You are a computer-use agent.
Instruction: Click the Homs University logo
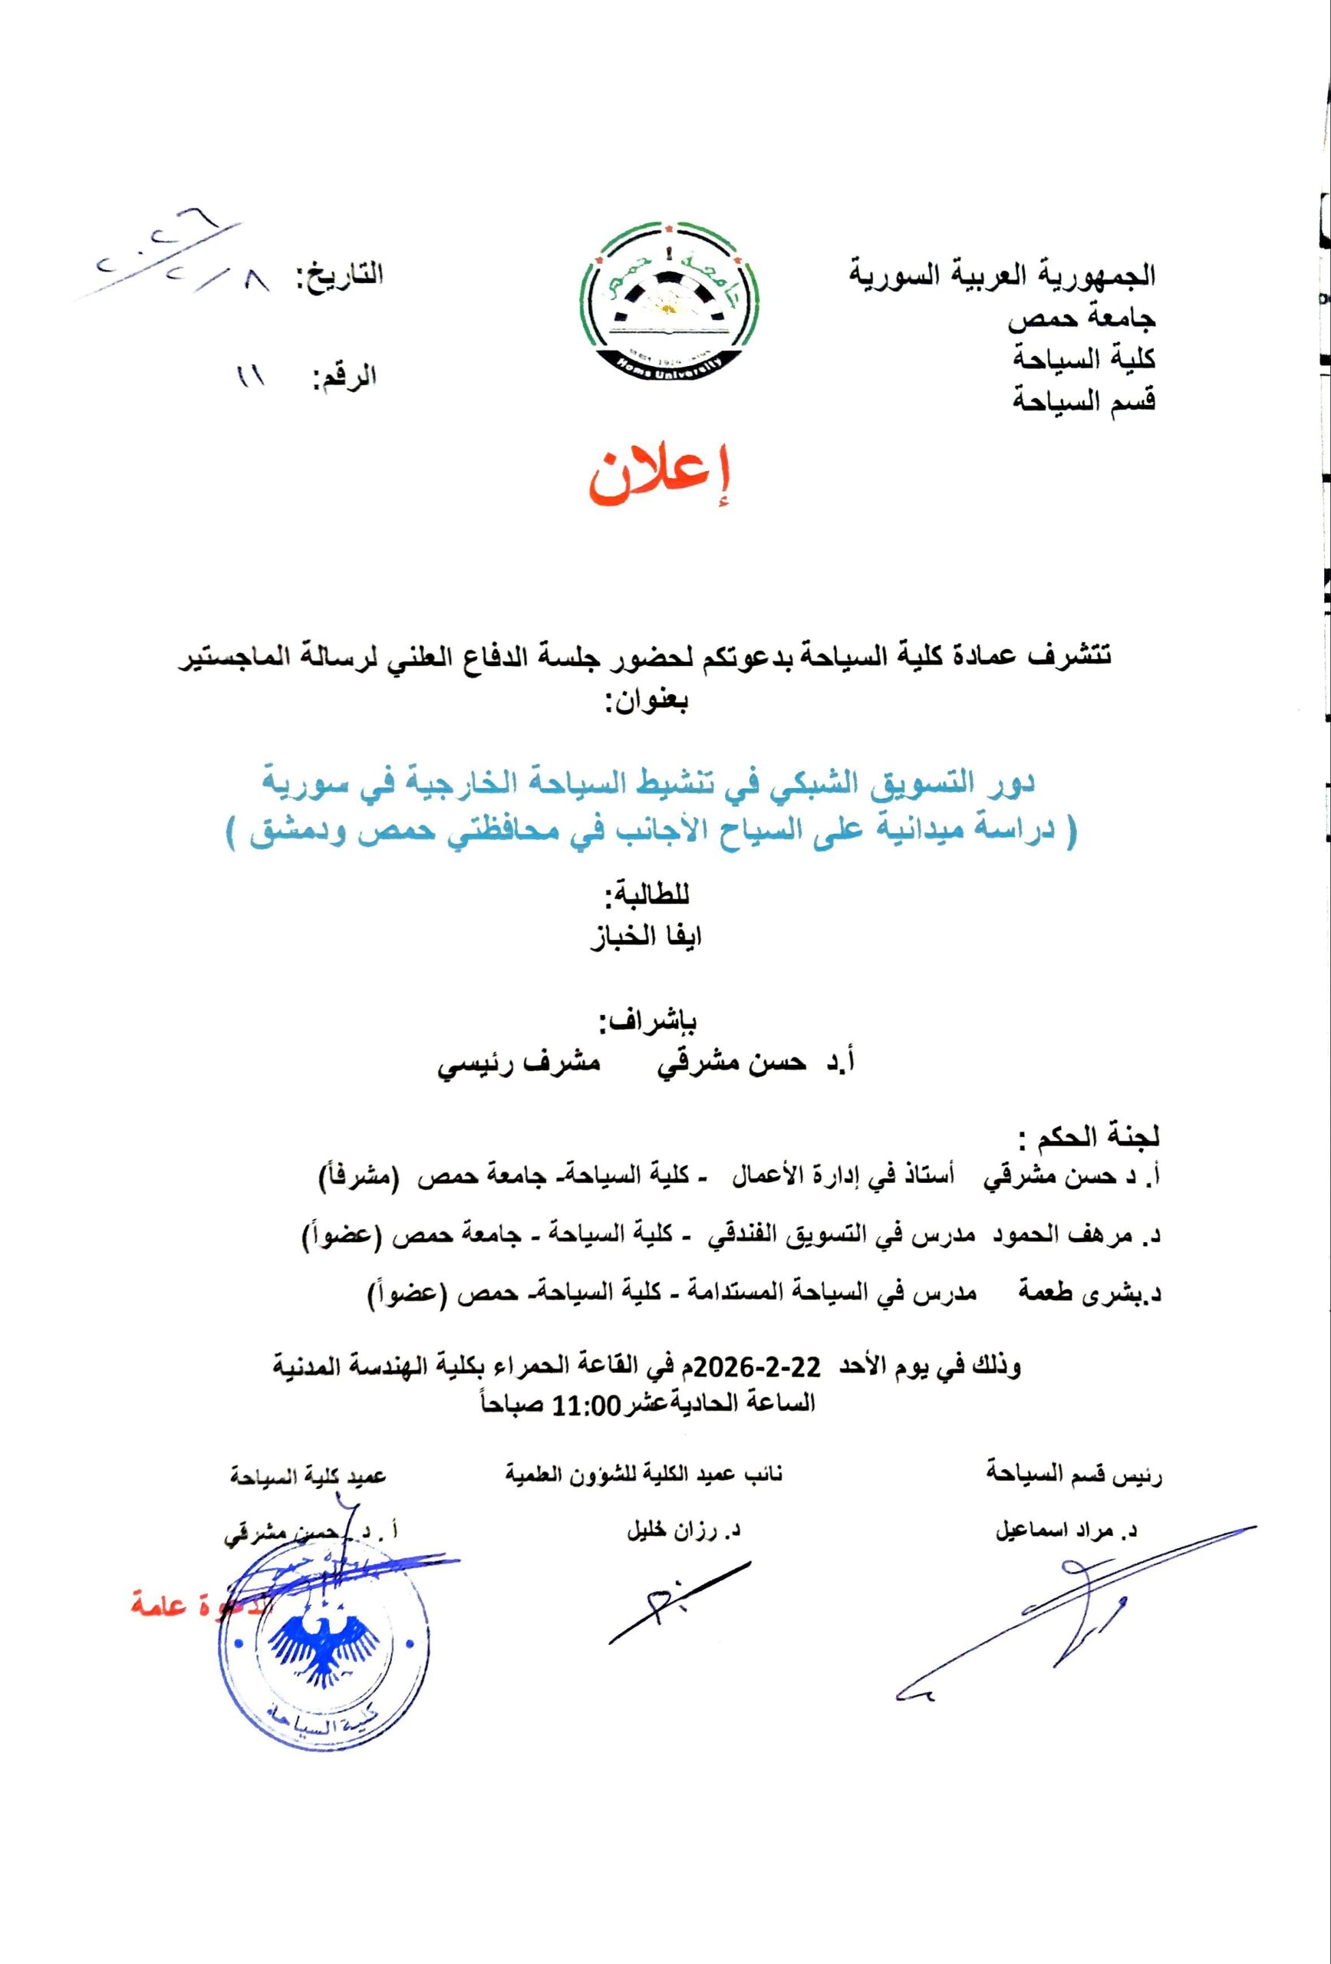tap(666, 305)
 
